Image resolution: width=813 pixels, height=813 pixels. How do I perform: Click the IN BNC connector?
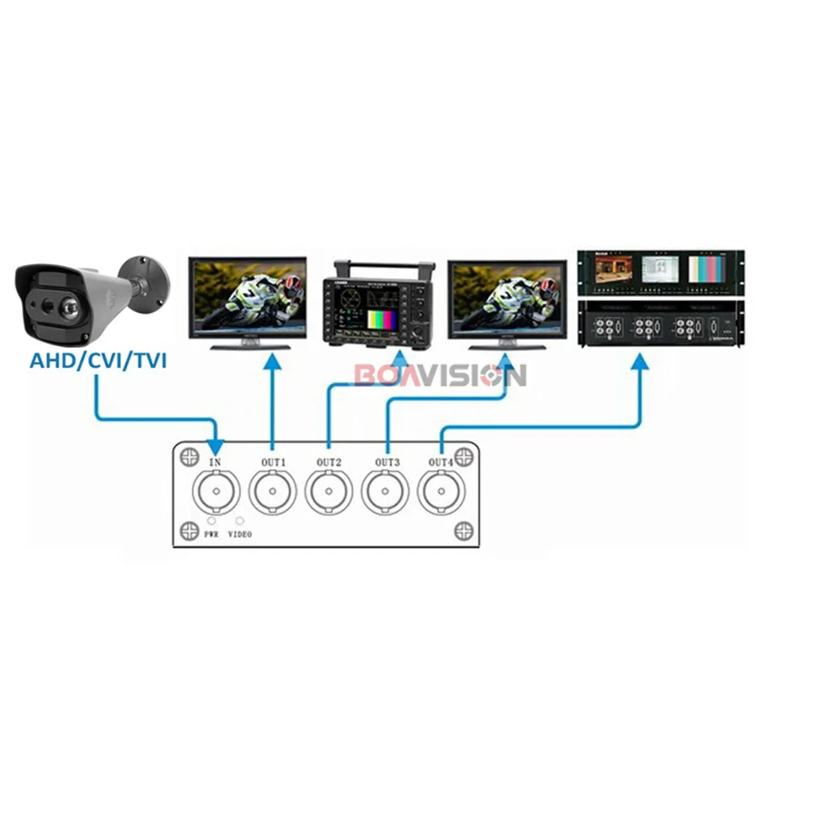[x=215, y=492]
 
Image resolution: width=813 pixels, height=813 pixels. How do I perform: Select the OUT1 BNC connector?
[x=272, y=492]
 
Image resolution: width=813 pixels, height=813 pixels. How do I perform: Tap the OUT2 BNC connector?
[x=329, y=492]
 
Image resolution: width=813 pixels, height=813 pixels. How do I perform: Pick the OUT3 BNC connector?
[x=385, y=492]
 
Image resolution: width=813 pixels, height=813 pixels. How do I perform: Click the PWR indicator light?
[x=211, y=520]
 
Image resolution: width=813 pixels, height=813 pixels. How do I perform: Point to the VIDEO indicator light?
[x=239, y=520]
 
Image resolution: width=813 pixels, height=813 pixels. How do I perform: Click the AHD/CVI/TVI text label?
[x=98, y=359]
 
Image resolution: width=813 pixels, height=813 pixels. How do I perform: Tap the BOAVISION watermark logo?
[x=440, y=376]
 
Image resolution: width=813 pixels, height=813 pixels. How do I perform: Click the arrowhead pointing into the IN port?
[x=215, y=446]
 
